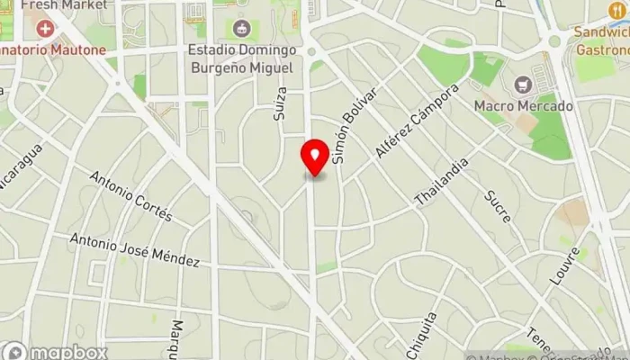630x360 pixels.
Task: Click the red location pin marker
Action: click(315, 157)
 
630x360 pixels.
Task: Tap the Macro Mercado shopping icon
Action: click(523, 85)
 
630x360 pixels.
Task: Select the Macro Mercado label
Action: click(523, 106)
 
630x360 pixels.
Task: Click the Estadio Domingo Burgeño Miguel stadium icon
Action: click(240, 29)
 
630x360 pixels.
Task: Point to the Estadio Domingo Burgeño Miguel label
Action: click(240, 58)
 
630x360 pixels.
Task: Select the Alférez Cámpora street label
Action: click(417, 121)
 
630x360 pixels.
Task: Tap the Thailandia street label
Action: click(442, 183)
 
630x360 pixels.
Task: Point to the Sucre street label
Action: click(497, 206)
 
